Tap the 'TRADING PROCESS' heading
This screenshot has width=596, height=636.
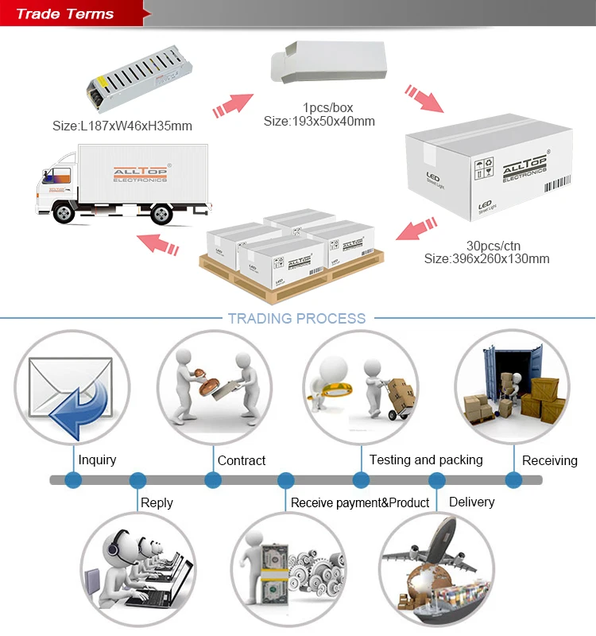tap(296, 319)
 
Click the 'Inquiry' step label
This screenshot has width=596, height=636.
tap(97, 460)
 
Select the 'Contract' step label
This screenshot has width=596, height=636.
tap(242, 460)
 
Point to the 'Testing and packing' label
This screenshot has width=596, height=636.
tap(426, 460)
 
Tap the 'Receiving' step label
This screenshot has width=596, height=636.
tap(550, 460)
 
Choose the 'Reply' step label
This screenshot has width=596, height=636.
tap(157, 502)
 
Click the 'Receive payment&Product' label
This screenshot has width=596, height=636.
tap(360, 502)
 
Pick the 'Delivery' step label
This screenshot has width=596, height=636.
tap(471, 502)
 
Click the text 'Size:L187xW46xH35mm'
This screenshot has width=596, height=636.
tap(122, 126)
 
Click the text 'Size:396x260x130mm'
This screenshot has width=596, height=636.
tap(486, 258)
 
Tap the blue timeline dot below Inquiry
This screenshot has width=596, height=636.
tap(73, 480)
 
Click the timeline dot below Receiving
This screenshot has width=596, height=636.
tap(514, 480)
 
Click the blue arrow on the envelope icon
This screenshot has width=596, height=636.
tap(79, 401)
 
